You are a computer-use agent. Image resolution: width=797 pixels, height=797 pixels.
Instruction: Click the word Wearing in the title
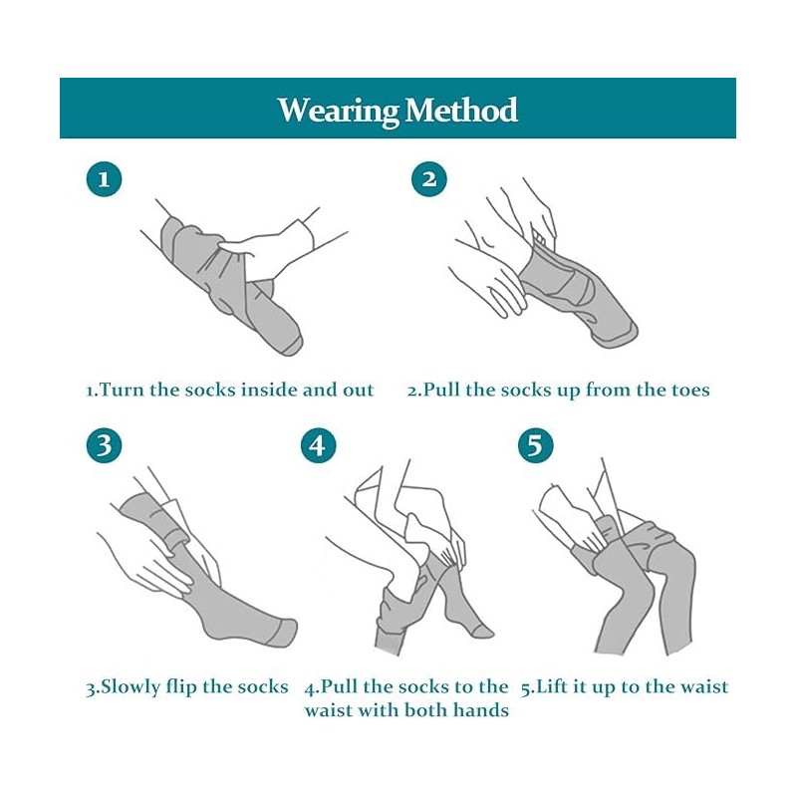(x=338, y=111)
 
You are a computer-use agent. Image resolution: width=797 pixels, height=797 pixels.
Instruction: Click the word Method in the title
(x=461, y=110)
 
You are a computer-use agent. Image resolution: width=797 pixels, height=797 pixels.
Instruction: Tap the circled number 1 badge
(x=105, y=179)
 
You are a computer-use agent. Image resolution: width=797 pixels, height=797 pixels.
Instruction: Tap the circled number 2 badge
(x=429, y=179)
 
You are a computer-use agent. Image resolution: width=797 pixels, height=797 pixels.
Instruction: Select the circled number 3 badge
(x=105, y=445)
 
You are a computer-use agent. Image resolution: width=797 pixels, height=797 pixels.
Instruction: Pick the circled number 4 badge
(x=318, y=445)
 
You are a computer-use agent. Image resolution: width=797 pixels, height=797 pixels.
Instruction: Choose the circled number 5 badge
(x=536, y=445)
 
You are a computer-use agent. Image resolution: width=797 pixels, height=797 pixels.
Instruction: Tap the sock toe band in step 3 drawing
(x=284, y=633)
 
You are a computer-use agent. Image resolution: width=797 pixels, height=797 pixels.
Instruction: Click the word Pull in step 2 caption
(x=441, y=390)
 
